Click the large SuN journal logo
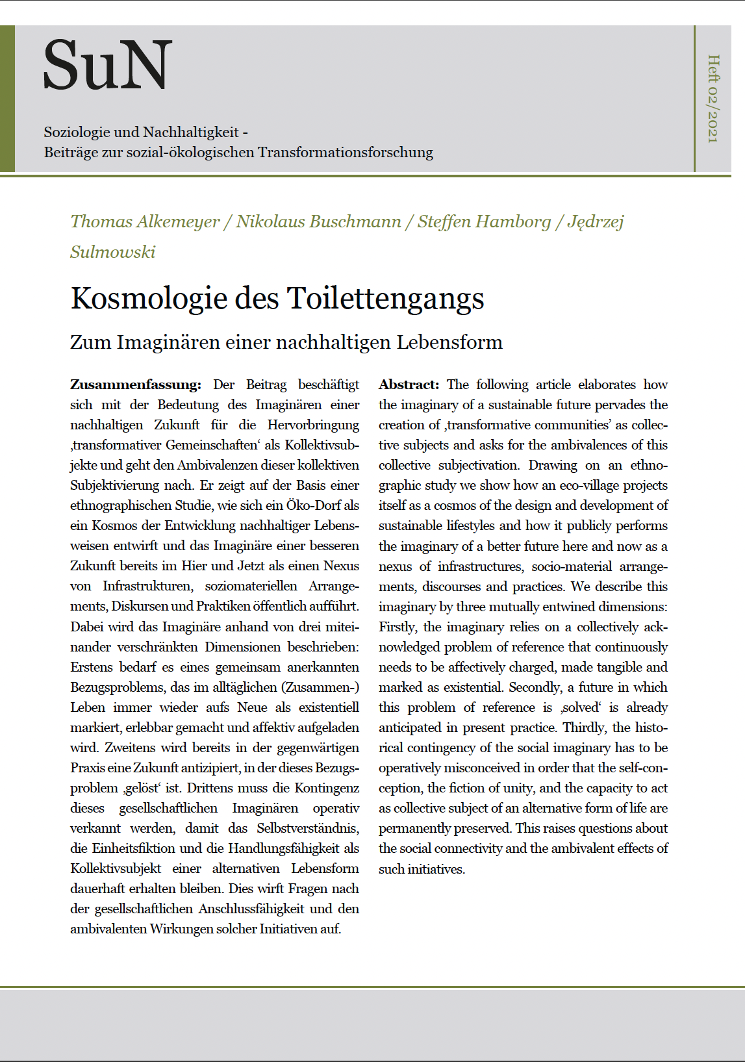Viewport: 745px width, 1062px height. tap(108, 65)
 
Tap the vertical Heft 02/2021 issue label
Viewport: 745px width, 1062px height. tap(713, 98)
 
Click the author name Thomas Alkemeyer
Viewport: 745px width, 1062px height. tap(145, 221)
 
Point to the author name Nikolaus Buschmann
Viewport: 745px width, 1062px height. tap(318, 221)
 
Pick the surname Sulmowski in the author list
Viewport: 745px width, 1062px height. tap(113, 252)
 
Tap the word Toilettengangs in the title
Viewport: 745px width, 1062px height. tap(385, 299)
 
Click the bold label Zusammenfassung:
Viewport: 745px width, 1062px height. tap(135, 385)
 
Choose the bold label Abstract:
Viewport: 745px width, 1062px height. tap(409, 385)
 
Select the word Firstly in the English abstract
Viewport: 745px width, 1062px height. tap(397, 627)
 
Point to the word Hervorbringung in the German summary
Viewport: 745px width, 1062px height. tap(313, 425)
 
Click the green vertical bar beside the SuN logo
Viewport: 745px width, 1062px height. tap(7, 99)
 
